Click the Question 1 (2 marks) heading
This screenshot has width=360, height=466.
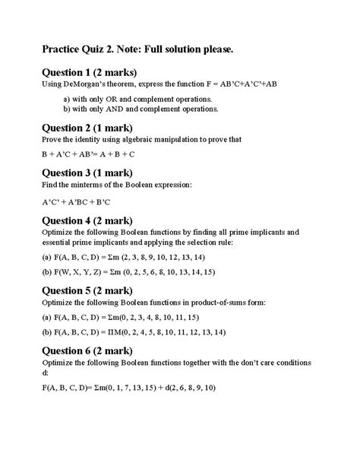click(x=89, y=72)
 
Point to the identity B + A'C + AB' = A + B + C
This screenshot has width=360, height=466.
click(x=88, y=154)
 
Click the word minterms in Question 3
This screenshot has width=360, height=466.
click(x=89, y=185)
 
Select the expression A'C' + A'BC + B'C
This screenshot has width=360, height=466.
click(x=76, y=202)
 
